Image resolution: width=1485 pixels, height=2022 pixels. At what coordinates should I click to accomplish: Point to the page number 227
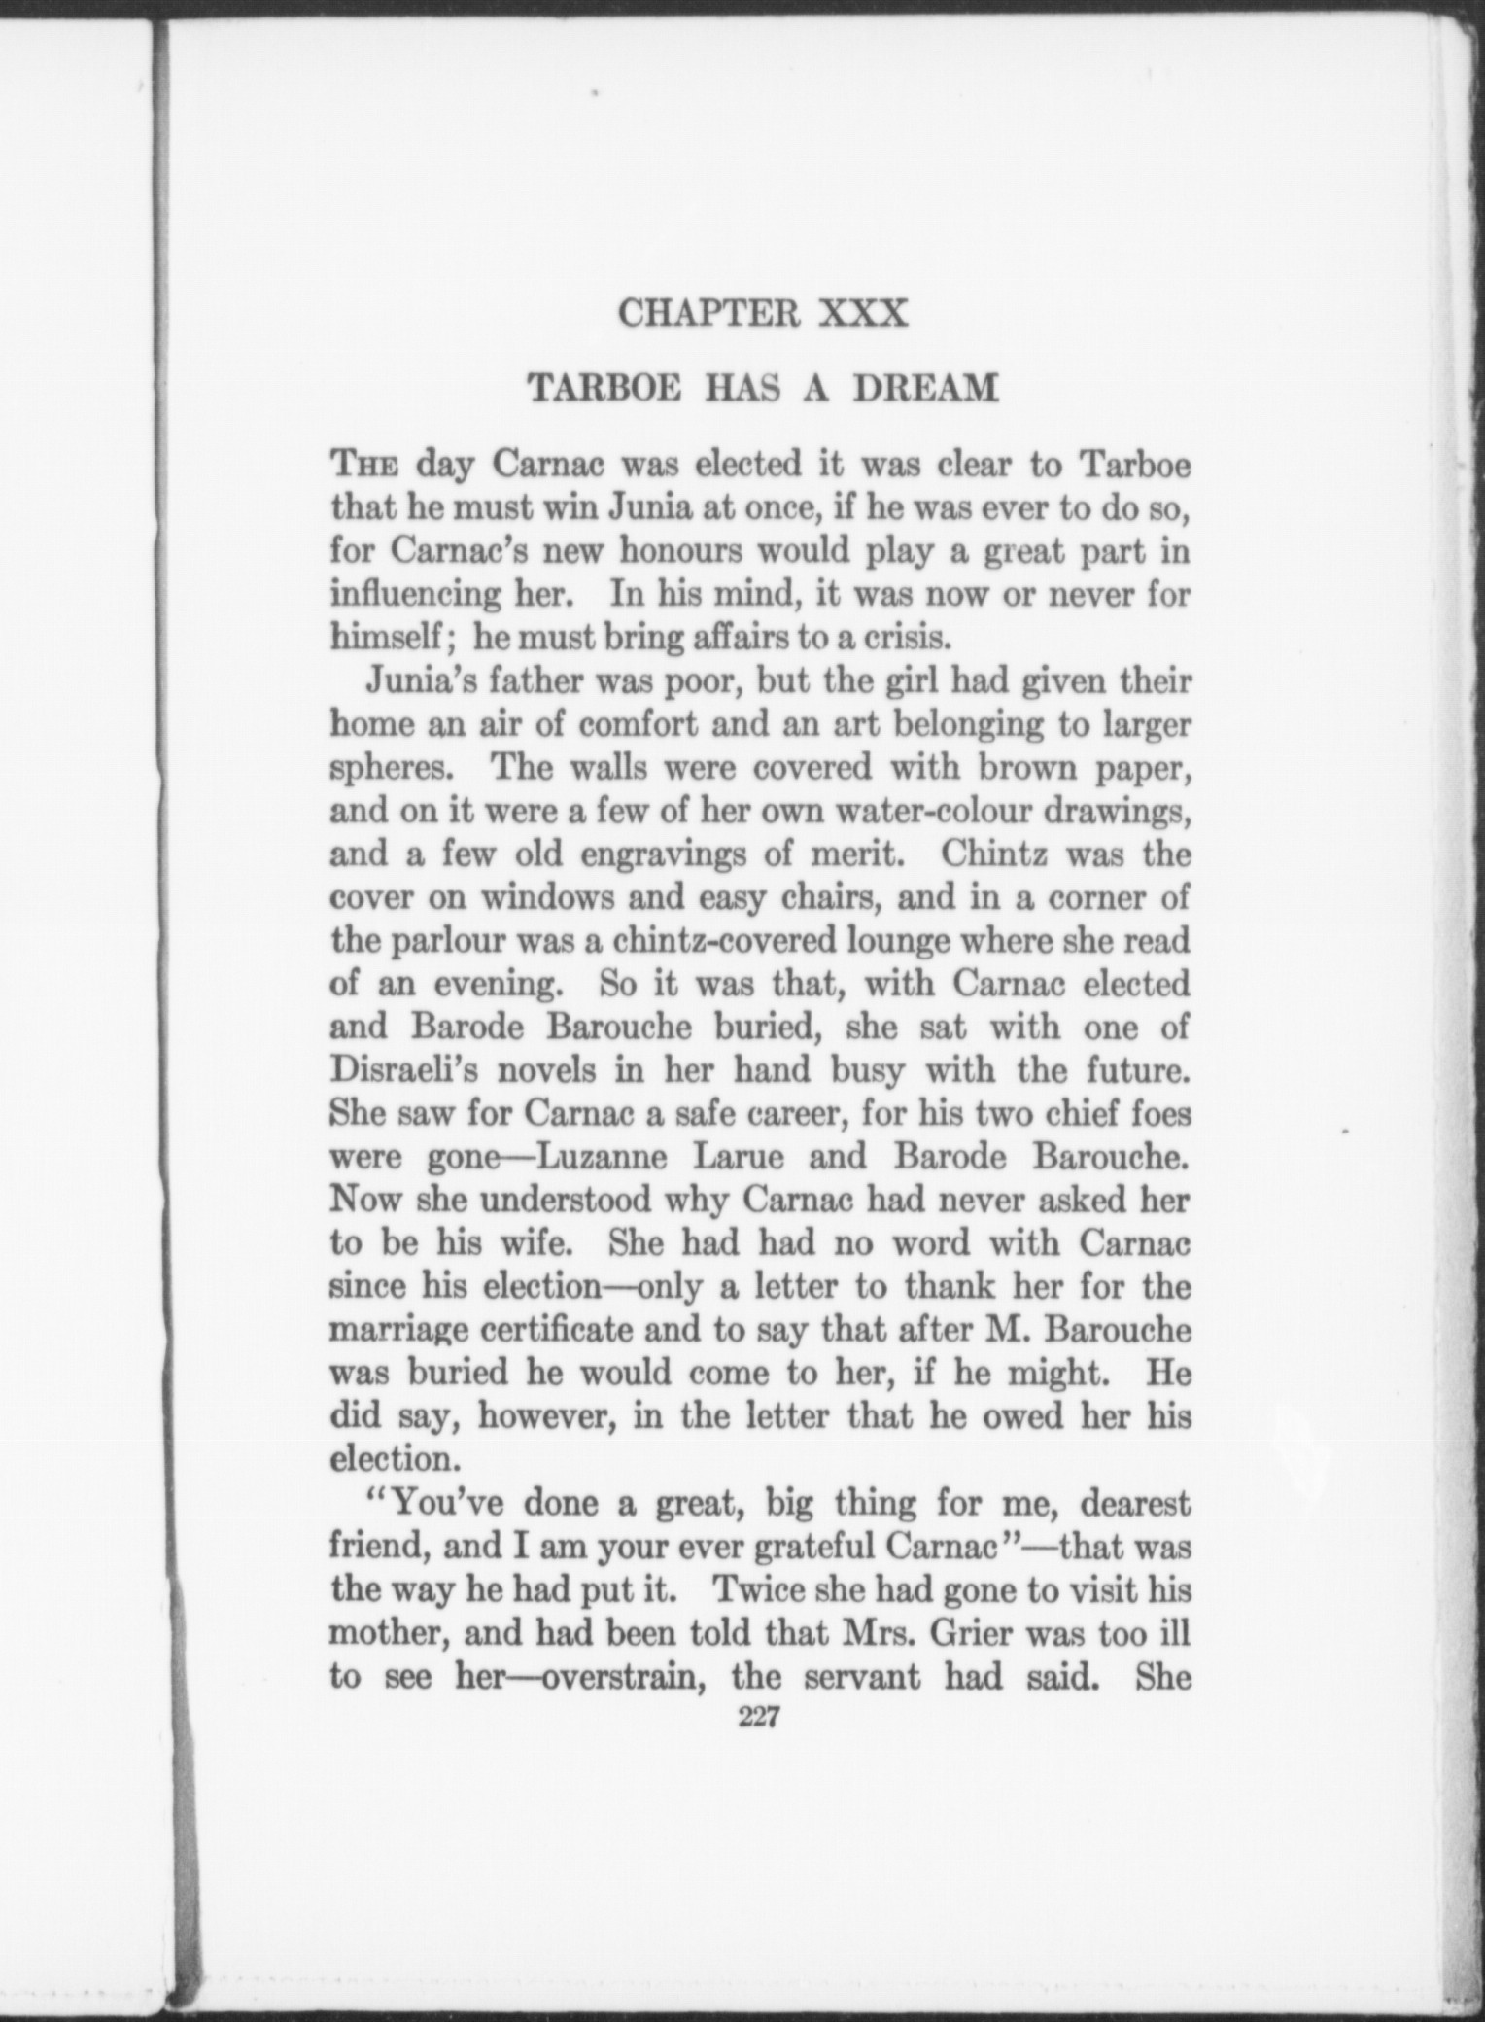[760, 1718]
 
